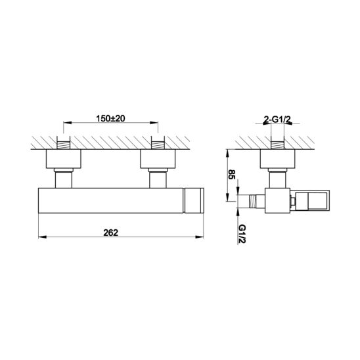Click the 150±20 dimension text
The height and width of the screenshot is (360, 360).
point(110,118)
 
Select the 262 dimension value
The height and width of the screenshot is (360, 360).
point(110,233)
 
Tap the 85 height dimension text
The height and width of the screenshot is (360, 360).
point(232,175)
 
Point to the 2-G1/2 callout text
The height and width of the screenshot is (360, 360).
point(278,119)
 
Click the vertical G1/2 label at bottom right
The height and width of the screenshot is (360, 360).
point(242,234)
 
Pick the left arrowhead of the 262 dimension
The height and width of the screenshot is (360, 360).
point(43,237)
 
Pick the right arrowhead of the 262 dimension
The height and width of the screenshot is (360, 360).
point(199,237)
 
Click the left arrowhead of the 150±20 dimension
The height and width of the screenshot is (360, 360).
point(68,123)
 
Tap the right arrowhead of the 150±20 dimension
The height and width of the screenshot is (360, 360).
point(154,123)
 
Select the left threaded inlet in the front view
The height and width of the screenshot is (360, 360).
point(64,145)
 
